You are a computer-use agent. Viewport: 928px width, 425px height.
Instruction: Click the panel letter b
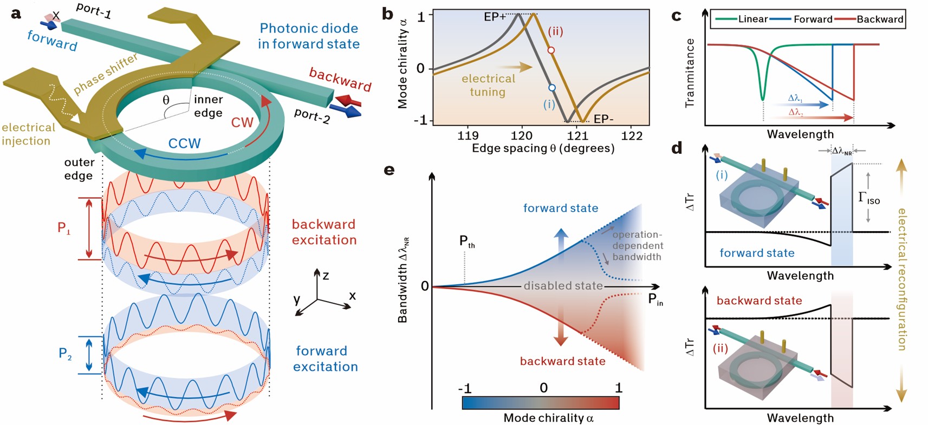388,14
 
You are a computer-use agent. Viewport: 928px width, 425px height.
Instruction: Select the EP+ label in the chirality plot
495,17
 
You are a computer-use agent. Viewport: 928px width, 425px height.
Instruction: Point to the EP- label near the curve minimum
603,119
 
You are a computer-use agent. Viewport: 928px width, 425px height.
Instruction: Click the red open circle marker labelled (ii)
551,50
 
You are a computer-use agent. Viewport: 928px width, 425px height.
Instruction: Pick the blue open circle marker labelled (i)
551,88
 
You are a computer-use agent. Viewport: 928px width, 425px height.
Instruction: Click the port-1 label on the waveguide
94,10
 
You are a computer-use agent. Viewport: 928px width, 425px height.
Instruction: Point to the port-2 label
312,115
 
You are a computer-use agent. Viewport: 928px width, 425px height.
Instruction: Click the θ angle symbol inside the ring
166,100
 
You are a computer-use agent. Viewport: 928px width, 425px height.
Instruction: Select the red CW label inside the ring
242,122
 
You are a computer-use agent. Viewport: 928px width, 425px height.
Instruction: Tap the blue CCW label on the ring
184,143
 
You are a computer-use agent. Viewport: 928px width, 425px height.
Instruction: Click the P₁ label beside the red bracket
64,228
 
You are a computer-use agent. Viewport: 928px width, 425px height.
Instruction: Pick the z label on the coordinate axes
326,276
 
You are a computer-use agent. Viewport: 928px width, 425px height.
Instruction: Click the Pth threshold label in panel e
466,241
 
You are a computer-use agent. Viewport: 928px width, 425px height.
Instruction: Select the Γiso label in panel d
868,198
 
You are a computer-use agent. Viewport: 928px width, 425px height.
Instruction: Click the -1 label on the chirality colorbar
464,388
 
